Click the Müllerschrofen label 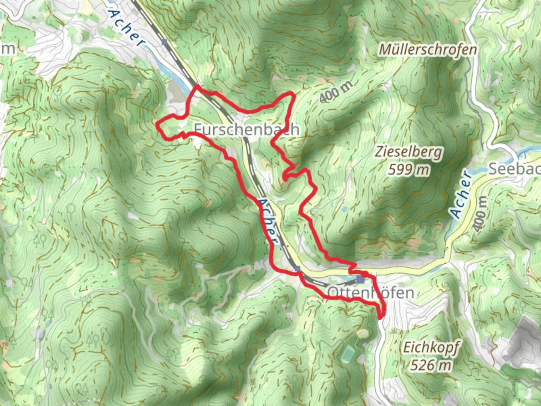pyautogui.click(x=428, y=49)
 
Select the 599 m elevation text pyautogui.click(x=408, y=170)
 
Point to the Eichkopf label pyautogui.click(x=431, y=347)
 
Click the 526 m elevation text pyautogui.click(x=431, y=365)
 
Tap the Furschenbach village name pyautogui.click(x=246, y=129)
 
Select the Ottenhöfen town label pyautogui.click(x=370, y=292)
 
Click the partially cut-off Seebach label pyautogui.click(x=514, y=169)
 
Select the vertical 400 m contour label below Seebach pyautogui.click(x=480, y=213)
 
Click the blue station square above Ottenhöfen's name pyautogui.click(x=361, y=280)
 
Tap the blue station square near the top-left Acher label pyautogui.click(x=164, y=42)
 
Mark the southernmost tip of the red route pyautogui.click(x=380, y=318)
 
